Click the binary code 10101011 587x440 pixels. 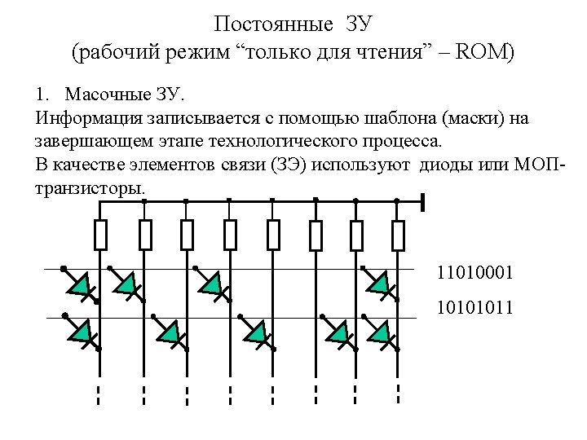[475, 308]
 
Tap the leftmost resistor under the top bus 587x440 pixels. [100, 235]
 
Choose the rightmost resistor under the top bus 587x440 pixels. [398, 235]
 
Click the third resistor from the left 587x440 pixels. [187, 235]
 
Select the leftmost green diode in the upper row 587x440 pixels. [79, 284]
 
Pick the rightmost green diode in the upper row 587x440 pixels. [379, 283]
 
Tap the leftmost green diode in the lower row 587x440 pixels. [81, 331]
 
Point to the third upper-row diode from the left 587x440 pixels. [211, 283]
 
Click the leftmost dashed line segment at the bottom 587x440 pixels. [99, 395]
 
